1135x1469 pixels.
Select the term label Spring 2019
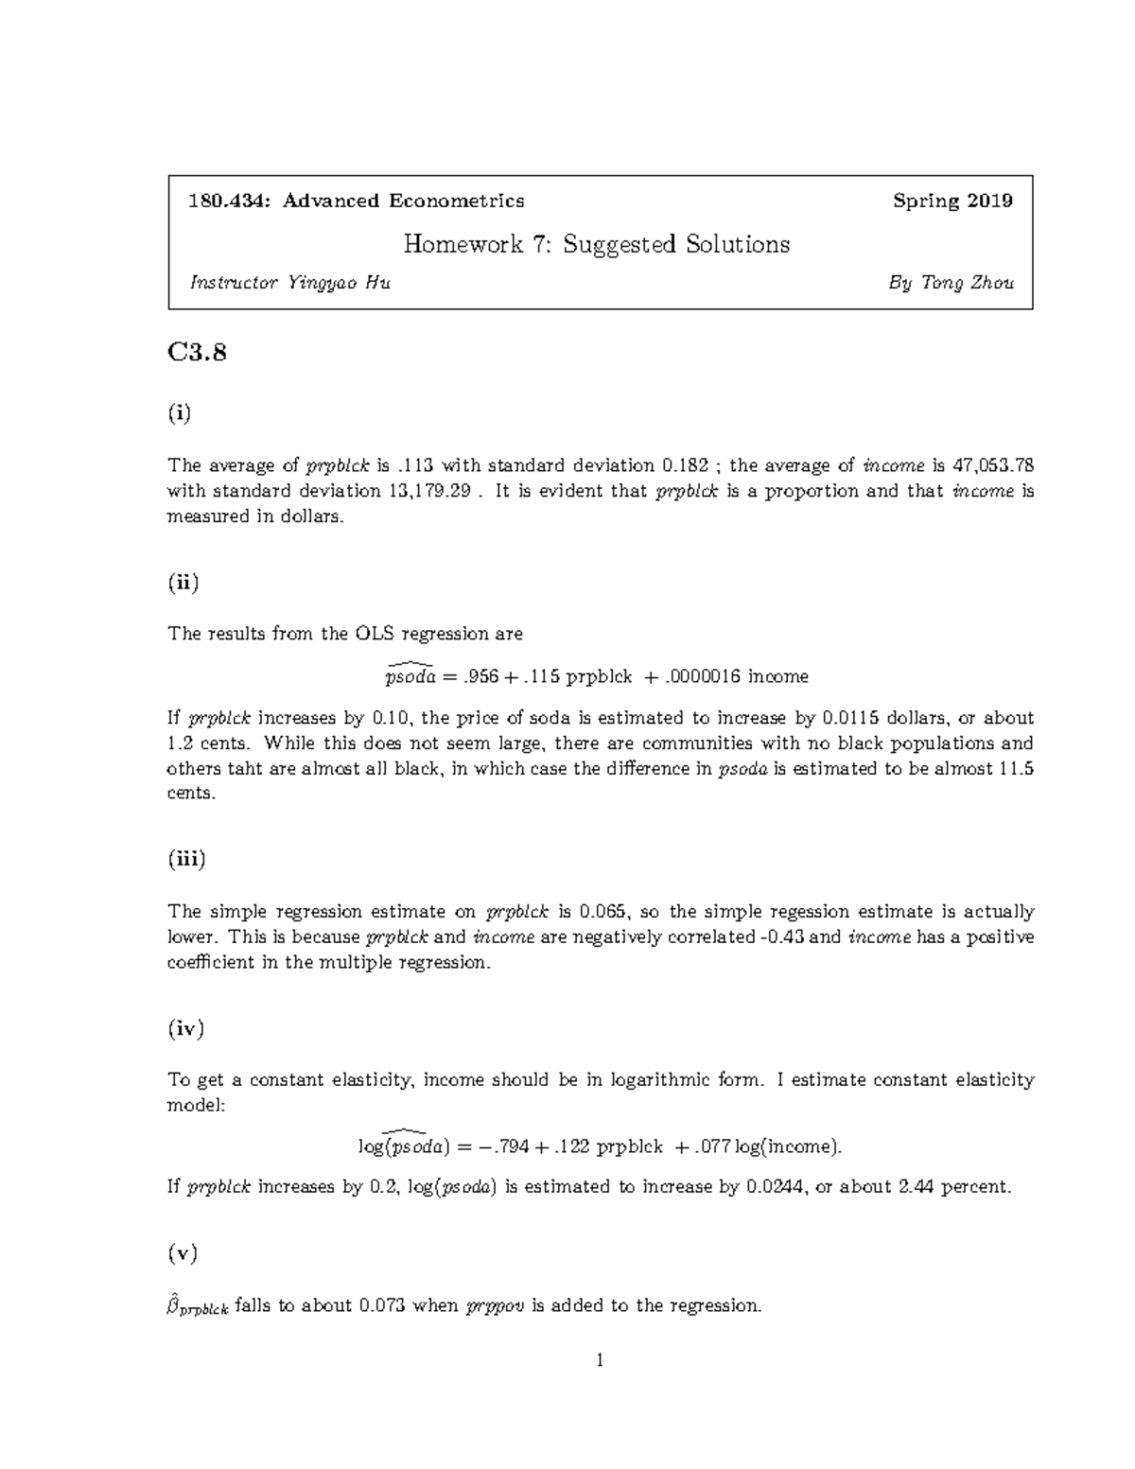(x=952, y=201)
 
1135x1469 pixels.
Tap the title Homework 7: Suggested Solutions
(x=596, y=244)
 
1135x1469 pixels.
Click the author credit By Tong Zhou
(x=952, y=282)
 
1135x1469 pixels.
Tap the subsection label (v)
(x=183, y=1253)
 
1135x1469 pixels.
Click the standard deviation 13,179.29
(x=424, y=491)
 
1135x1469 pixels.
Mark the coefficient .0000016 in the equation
(x=704, y=676)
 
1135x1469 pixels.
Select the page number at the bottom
(x=600, y=1361)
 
